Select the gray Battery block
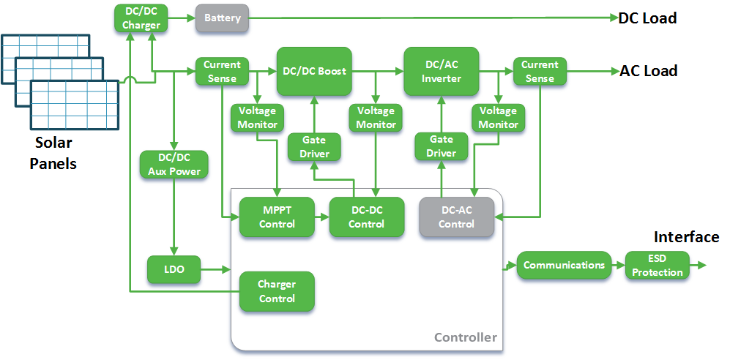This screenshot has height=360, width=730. point(223,18)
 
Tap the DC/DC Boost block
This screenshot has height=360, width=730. point(314,71)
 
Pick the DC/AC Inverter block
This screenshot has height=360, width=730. point(442,71)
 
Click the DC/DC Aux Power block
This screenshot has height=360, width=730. point(174,165)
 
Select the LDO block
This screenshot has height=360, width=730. point(174,270)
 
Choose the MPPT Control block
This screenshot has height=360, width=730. point(277,217)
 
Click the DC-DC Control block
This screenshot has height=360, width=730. point(366,217)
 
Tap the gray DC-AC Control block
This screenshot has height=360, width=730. point(456,217)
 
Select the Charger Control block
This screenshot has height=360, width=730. point(277,291)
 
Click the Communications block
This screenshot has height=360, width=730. point(564,265)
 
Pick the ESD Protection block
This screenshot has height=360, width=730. point(657,266)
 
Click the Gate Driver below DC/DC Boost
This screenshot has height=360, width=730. point(315,146)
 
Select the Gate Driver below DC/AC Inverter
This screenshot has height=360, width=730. point(442,146)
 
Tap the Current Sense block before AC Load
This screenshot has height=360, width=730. point(540,71)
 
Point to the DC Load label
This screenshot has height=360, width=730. point(647,18)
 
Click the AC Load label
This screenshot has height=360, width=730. point(648,71)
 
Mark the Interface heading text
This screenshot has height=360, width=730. point(686,237)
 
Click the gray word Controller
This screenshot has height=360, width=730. point(465,337)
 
